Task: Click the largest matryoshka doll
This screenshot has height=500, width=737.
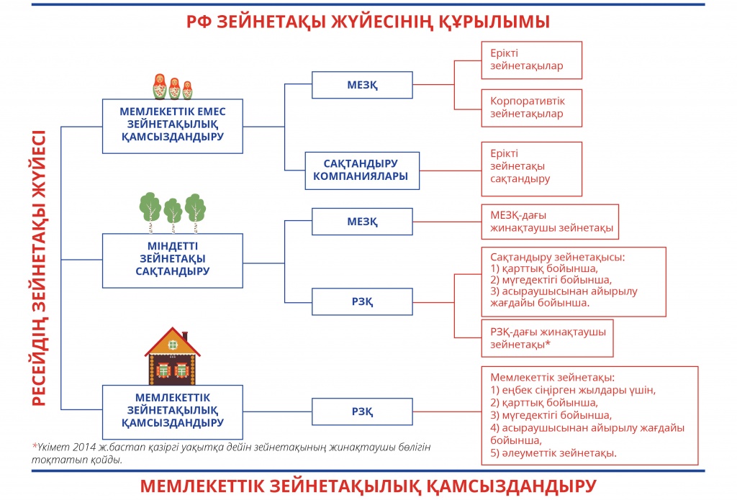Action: coord(160,86)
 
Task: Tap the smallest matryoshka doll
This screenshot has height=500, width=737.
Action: coord(188,90)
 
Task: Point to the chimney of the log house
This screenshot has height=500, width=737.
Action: coord(185,337)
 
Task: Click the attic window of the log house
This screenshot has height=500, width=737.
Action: coord(173,345)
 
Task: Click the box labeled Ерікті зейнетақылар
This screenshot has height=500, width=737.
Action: coord(532,60)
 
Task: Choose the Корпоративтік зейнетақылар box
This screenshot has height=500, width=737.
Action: coord(532,108)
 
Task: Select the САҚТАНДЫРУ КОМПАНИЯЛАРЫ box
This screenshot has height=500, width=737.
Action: coord(362,171)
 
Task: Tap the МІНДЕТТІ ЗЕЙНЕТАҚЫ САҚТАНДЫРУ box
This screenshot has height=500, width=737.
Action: coord(173,260)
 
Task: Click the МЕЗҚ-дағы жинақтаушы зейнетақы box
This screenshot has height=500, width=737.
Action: coord(550,222)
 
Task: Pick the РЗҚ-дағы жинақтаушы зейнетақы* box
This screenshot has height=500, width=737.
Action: coord(548,338)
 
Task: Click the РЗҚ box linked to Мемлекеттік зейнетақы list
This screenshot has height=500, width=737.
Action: coord(362,412)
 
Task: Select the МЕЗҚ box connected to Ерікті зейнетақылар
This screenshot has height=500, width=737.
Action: coord(362,85)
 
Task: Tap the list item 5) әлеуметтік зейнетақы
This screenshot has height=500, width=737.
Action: coord(553,453)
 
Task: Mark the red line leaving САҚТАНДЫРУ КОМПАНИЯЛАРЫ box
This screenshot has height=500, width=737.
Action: coord(451,171)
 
